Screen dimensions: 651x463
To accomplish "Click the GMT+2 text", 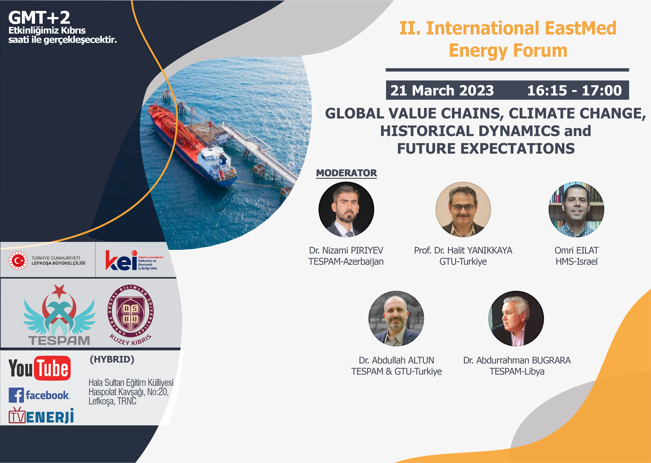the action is tap(39, 18).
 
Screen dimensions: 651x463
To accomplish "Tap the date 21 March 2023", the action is tap(442, 90).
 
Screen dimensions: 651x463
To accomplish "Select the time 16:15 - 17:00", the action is tap(574, 90).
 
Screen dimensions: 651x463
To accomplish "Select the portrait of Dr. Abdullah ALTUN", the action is tap(396, 318).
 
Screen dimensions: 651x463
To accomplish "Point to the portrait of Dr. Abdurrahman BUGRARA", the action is tap(516, 318).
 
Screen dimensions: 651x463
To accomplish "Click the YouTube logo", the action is tap(39, 368).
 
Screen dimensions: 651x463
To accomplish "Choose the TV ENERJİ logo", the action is tap(41, 415).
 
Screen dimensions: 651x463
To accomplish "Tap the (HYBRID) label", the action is tap(112, 360).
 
